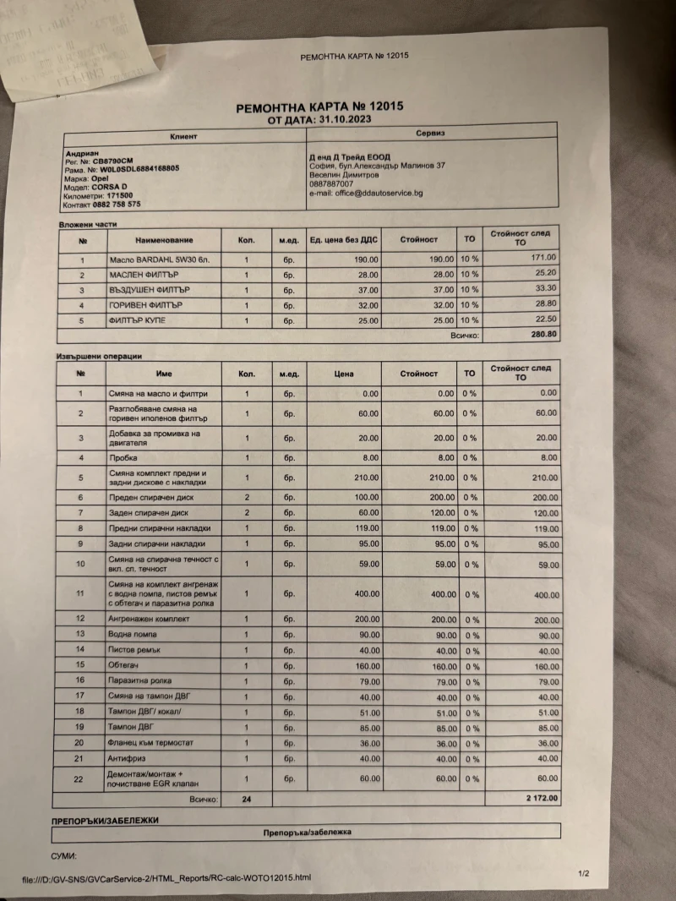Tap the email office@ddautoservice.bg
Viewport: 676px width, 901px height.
366,194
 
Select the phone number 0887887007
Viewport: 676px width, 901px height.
332,184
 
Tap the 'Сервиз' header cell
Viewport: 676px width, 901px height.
430,134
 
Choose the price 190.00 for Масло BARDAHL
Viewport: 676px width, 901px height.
362,259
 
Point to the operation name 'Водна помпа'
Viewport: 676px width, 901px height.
133,635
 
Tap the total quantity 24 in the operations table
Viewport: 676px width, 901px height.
247,799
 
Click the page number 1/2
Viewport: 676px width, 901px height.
583,872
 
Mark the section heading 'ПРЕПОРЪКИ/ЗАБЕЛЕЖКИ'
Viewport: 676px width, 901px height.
105,820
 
